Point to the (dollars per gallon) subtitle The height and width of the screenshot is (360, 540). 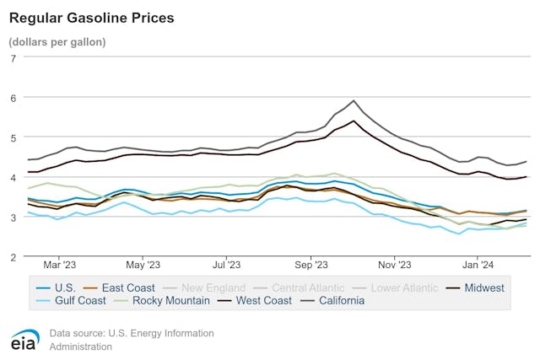pos(57,41)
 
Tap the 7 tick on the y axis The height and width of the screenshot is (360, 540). pos(13,58)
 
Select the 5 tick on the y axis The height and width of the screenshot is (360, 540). pos(13,137)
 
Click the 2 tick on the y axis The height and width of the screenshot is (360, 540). pos(13,256)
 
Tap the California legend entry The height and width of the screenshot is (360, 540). pos(336,300)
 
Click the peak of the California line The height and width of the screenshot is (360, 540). pos(354,100)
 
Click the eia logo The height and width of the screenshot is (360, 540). pos(23,339)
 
